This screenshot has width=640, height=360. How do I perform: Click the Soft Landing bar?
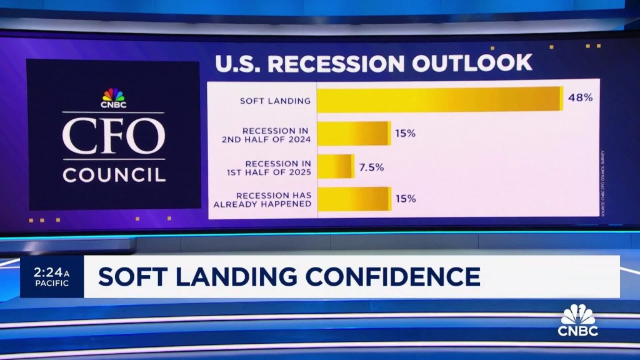[x=440, y=99]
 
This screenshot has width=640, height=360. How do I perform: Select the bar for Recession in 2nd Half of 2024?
[x=354, y=134]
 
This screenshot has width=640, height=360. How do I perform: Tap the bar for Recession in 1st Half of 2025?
[x=336, y=167]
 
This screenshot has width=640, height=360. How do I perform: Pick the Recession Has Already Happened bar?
[x=354, y=199]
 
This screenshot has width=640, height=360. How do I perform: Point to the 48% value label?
[x=580, y=99]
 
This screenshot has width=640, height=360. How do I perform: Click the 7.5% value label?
[x=371, y=167]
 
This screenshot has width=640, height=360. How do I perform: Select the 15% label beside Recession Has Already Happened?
[x=405, y=199]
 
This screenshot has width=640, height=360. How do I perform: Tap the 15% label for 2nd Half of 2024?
[x=405, y=134]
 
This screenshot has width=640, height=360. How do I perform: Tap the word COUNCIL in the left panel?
[x=114, y=174]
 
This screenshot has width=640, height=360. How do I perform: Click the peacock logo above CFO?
[x=113, y=94]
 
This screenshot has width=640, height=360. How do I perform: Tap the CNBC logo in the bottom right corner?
[x=577, y=321]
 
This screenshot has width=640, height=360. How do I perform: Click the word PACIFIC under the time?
[x=48, y=283]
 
